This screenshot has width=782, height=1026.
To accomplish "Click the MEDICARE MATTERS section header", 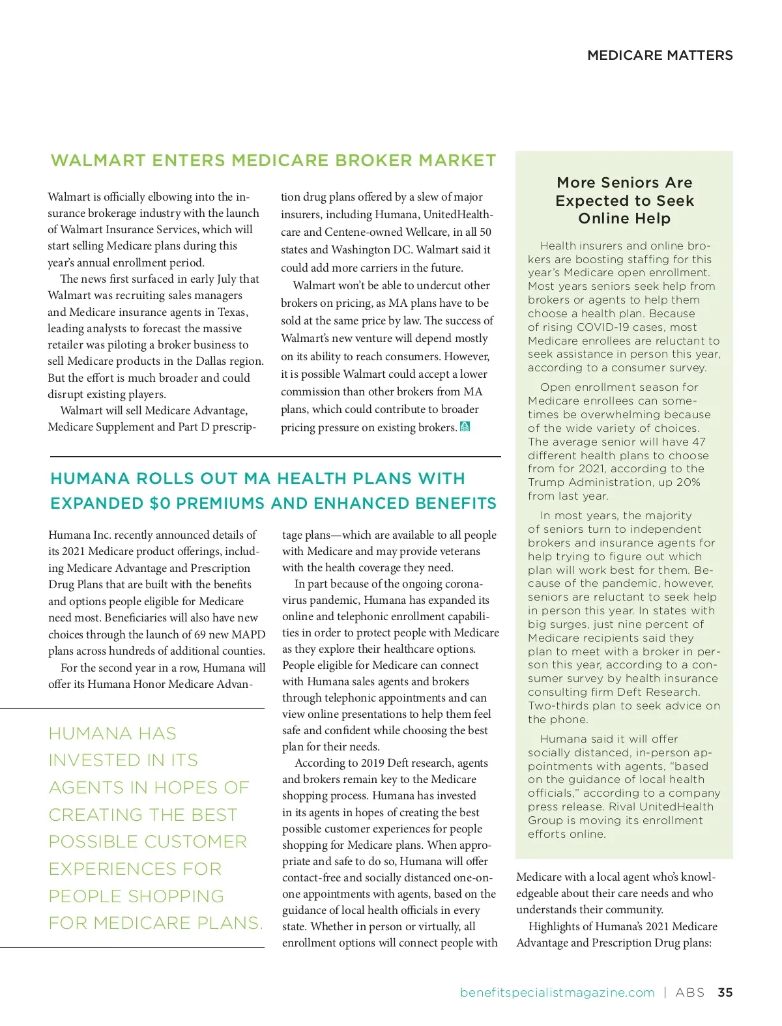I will [x=659, y=55].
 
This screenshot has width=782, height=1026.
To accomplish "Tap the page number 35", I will [x=725, y=992].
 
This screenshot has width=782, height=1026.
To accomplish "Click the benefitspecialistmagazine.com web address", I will [x=557, y=992].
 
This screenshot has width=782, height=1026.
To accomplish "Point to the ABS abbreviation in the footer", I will [x=689, y=992].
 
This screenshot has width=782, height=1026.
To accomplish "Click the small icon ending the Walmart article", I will [x=465, y=427].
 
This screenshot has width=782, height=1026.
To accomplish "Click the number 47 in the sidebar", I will [x=699, y=442].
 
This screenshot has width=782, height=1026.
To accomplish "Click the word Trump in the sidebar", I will [x=546, y=482].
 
